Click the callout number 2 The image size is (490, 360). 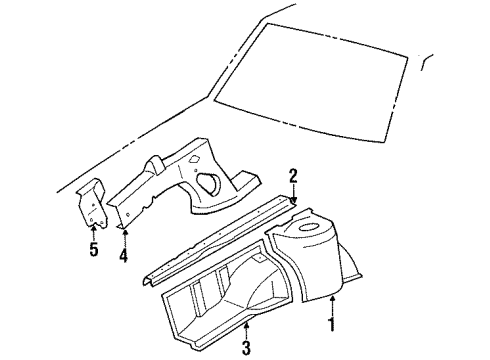click(x=292, y=177)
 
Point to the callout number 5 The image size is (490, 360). click(x=93, y=249)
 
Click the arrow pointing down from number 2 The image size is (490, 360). click(x=292, y=194)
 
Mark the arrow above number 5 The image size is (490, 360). click(x=93, y=230)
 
